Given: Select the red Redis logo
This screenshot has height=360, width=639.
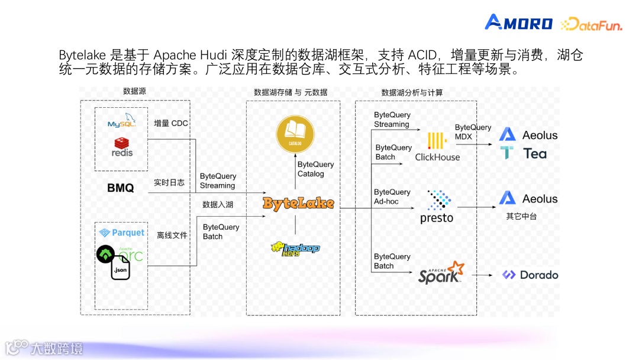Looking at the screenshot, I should [x=122, y=146].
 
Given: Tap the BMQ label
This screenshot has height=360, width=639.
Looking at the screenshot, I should [x=120, y=188].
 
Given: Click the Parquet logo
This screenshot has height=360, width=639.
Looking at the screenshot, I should [x=121, y=233].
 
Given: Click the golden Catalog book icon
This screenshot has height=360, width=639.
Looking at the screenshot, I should [x=295, y=134].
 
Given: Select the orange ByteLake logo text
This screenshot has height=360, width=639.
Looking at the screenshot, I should [x=298, y=204].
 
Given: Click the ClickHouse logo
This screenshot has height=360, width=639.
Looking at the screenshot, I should [x=437, y=147].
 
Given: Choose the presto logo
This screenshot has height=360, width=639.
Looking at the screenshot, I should [x=437, y=207].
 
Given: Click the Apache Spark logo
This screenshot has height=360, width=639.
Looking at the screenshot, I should [x=441, y=273].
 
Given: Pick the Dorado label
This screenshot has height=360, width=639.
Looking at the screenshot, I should [x=530, y=275].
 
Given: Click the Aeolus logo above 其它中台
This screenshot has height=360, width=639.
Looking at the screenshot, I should [x=528, y=199].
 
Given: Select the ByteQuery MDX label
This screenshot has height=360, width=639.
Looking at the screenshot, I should [x=473, y=132].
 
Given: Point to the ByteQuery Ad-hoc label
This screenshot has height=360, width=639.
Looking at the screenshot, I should [x=392, y=197].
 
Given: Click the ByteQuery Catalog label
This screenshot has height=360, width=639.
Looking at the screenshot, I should [x=315, y=169].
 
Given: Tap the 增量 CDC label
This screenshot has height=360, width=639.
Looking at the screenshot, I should [x=171, y=124].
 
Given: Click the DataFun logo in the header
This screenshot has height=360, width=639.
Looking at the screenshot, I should [x=591, y=24].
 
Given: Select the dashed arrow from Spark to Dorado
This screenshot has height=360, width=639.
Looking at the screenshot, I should [x=482, y=275].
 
